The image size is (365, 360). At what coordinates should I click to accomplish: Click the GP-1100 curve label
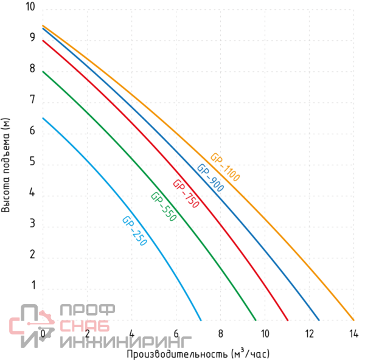coord(225,167)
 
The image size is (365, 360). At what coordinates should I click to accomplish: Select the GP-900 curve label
coord(210,178)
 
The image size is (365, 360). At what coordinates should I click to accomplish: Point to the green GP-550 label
coord(163,206)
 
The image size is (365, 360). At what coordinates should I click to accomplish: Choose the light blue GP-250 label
coord(134,231)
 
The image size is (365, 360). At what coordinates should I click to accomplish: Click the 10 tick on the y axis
coord(30,7)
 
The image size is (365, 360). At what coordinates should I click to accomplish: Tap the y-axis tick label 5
coord(32,162)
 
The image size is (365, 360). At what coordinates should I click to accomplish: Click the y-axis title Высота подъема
coord(7,165)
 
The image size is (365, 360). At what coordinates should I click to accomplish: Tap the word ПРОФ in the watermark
coord(85,311)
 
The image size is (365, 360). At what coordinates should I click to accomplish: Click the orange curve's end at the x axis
coord(353,320)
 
